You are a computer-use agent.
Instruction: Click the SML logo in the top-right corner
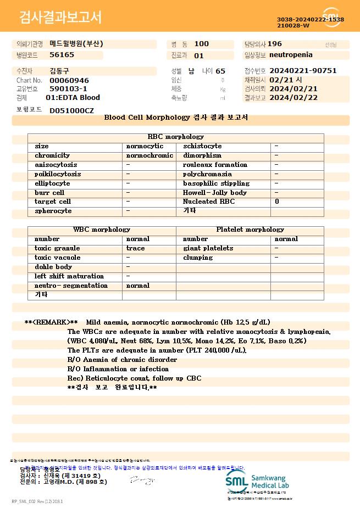[332, 17]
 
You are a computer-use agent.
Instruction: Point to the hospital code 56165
[62, 55]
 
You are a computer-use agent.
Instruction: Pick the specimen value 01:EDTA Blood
[73, 98]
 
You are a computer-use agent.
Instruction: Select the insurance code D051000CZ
[71, 110]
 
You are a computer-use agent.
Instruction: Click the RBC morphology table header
[176, 137]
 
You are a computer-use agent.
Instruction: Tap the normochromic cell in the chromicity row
[149, 155]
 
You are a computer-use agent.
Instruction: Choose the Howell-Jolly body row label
[214, 193]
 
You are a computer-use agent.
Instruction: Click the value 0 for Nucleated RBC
[277, 202]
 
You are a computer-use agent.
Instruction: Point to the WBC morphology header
[102, 230]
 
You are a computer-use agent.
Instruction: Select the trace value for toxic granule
[136, 248]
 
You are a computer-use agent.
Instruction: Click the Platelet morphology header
[250, 230]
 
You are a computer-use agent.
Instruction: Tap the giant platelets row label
[208, 248]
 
